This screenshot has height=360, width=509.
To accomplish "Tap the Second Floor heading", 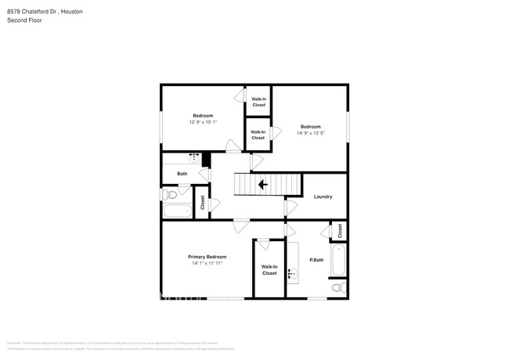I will tap(24, 20).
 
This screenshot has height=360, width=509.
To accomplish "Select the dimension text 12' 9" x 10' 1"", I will tap(203, 122).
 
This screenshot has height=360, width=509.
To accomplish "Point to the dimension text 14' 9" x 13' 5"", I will tap(310, 133).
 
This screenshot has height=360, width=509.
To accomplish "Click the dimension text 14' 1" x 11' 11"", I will tap(208, 263).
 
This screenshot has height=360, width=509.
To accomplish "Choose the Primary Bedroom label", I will tap(208, 257).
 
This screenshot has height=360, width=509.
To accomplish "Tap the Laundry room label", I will tap(323, 196).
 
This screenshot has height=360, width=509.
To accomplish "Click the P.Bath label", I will tap(316, 260).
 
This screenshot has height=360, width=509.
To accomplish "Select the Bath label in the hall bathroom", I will tap(182, 174).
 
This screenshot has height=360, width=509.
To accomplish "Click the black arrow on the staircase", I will tap(262, 185).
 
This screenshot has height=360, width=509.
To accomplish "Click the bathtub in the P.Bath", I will tap(338, 261).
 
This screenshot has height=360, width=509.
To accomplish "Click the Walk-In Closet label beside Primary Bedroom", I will tap(269, 270).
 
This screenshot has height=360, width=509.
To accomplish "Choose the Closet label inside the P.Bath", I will tap(340, 231).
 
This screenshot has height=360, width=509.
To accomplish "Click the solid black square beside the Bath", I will tap(207, 160).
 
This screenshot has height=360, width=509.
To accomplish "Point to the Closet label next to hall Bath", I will tap(202, 203).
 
